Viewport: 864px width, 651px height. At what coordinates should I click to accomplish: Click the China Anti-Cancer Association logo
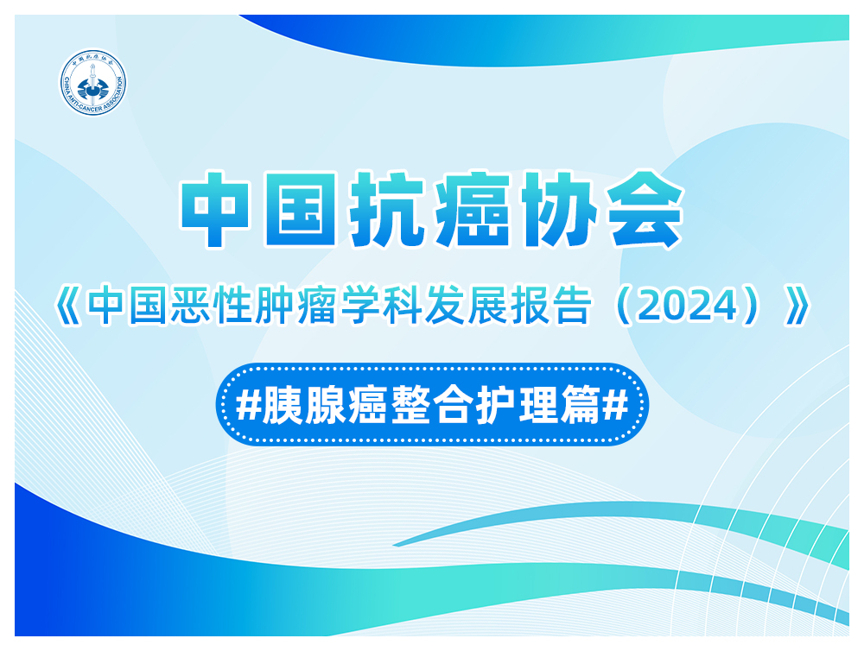pyautogui.click(x=93, y=83)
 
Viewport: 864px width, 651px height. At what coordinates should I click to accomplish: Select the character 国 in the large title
pyautogui.click(x=301, y=209)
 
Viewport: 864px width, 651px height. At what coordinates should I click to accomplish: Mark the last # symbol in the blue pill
pyautogui.click(x=615, y=405)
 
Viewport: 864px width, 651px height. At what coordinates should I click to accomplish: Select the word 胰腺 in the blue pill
pyautogui.click(x=303, y=405)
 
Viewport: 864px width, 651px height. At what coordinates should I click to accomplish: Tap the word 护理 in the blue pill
pyautogui.click(x=518, y=405)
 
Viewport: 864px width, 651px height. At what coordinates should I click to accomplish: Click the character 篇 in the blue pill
pyautogui.click(x=581, y=405)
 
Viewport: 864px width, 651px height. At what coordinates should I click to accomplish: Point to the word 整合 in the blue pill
pyautogui.click(x=432, y=405)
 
